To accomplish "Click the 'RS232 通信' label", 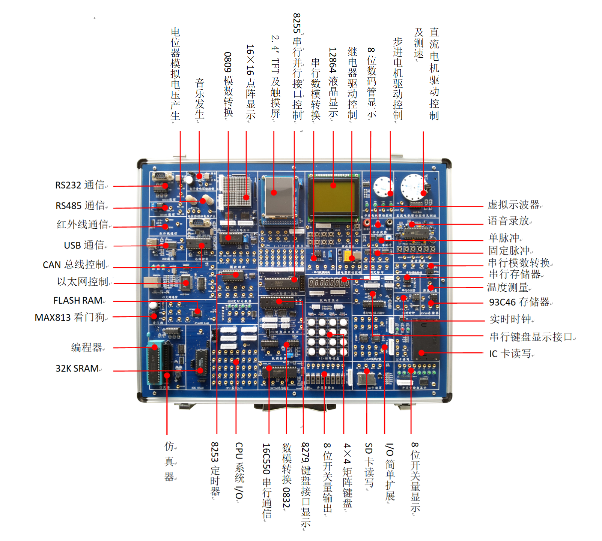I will tap(80, 185).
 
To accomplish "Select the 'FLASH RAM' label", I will tap(78, 301).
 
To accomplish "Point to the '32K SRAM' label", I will tap(77, 369).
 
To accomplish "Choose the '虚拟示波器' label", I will tap(513, 205).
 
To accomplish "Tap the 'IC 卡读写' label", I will tap(510, 354).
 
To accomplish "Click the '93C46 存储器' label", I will tap(519, 302).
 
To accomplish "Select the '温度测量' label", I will tap(507, 288).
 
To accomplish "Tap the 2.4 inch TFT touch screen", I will tap(279, 197).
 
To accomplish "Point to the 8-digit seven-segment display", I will tap(329, 283).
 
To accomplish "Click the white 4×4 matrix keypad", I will tap(327, 337).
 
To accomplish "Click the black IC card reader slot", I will tap(426, 339).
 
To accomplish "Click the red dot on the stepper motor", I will tap(390, 193).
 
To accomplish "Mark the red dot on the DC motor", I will tap(423, 193).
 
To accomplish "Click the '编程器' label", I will tap(87, 348).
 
